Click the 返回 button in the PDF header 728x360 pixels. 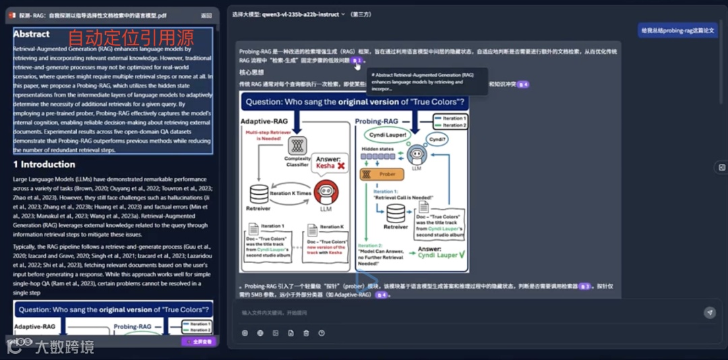206,15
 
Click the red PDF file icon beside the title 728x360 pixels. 11,15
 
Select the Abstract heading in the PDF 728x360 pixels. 31,34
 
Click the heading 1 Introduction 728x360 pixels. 44,164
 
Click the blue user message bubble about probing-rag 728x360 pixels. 677,30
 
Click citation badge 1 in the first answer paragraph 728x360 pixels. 357,61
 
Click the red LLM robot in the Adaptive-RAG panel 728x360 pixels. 326,191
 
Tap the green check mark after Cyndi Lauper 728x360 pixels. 461,255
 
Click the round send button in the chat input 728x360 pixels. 709,313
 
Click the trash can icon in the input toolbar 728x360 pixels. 306,333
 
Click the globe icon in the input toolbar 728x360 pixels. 260,333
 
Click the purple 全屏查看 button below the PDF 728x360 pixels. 199,342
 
